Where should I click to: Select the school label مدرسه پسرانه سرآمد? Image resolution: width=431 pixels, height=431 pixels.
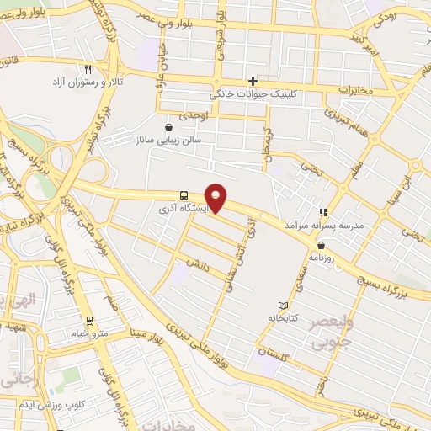tap(321, 226)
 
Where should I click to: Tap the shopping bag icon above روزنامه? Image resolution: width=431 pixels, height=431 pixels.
tap(322, 246)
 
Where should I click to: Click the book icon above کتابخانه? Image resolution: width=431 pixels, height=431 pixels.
tap(283, 305)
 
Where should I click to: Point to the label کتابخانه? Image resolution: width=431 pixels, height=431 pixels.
tap(287, 319)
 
